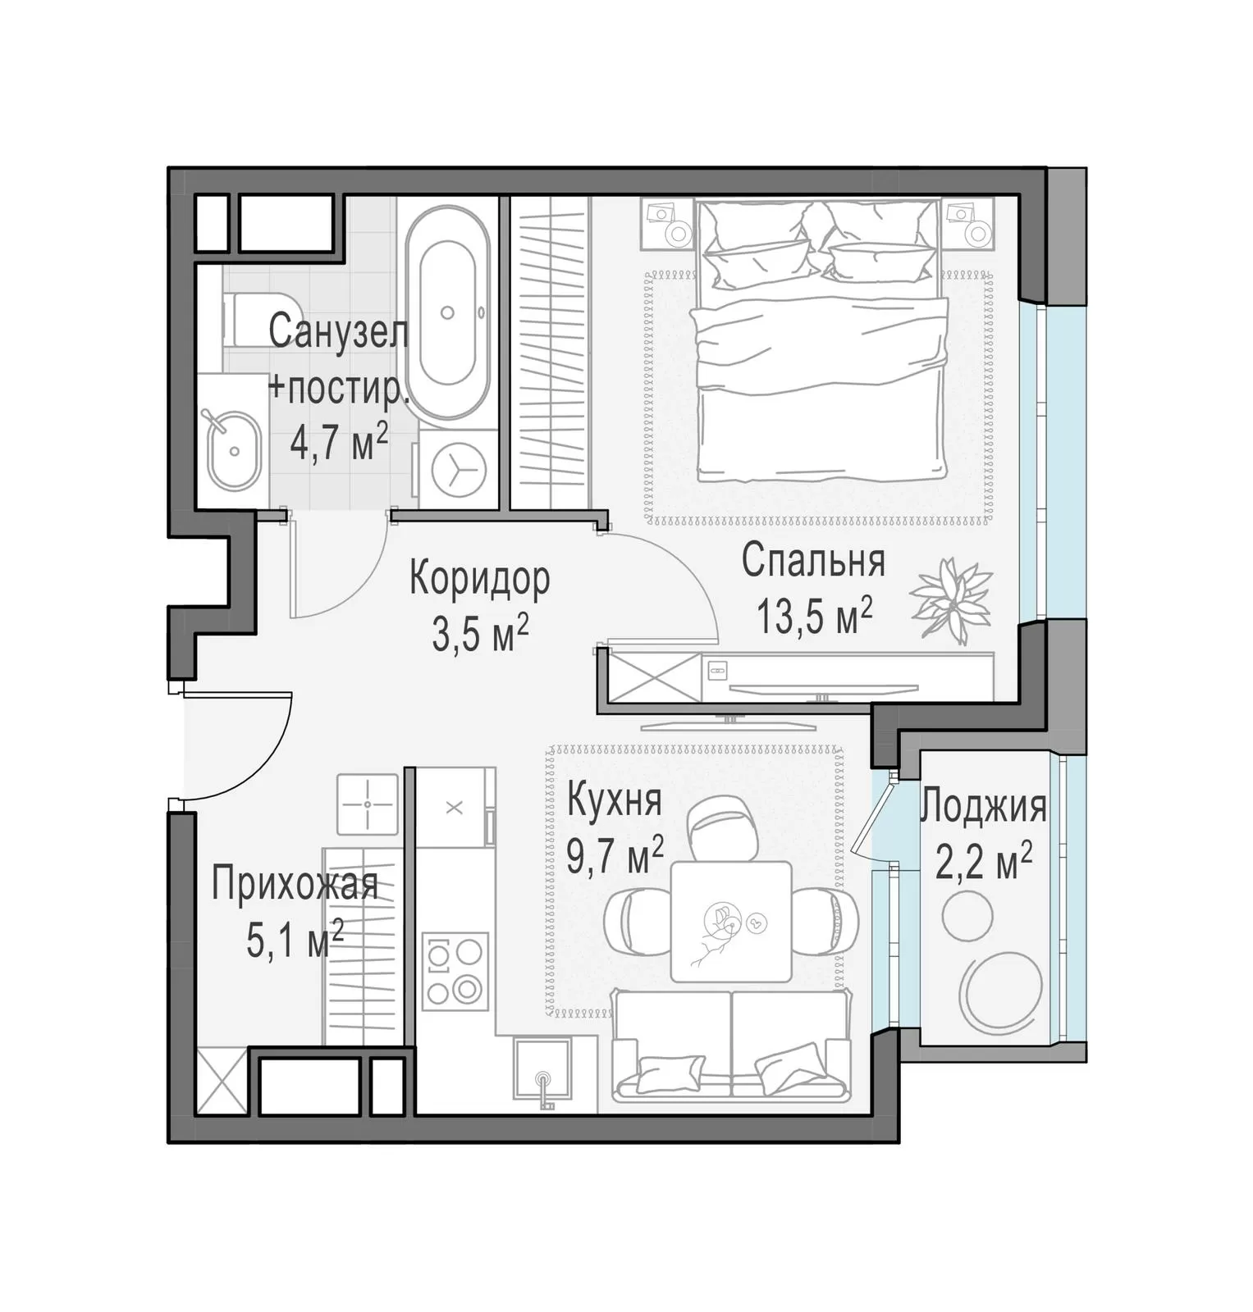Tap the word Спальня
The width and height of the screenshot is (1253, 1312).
813,562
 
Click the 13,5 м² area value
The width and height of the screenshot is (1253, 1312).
813,616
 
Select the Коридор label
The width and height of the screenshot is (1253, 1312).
479,578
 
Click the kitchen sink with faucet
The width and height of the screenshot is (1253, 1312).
542,1070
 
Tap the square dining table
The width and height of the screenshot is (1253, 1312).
731,922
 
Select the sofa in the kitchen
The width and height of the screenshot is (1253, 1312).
730,1044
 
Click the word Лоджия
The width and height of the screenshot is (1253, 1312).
983,807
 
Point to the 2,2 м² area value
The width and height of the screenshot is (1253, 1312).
983,863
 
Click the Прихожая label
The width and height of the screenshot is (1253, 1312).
295,886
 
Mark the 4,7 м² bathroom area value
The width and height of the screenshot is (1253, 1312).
339,444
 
